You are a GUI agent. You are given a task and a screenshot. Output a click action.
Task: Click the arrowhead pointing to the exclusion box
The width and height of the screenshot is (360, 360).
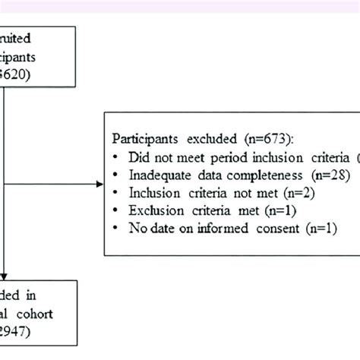100,184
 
